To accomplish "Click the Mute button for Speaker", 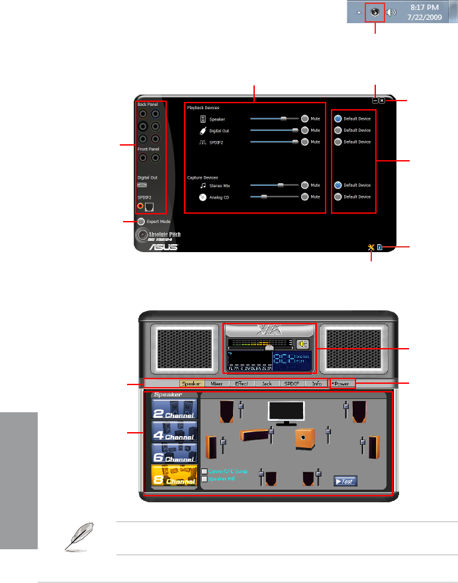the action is click(305, 119).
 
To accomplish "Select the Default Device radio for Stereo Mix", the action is click(338, 185).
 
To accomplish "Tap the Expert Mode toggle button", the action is click(142, 221).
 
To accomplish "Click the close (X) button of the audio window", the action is click(383, 101).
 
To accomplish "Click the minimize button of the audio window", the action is click(375, 101).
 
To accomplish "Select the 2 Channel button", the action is click(174, 409).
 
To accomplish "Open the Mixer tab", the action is click(215, 383).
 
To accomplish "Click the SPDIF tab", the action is click(292, 383).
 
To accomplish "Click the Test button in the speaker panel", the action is click(345, 481).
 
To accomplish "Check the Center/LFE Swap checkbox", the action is click(205, 471).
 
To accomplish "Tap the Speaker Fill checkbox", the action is click(205, 478).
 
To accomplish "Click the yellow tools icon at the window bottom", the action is click(372, 247).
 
